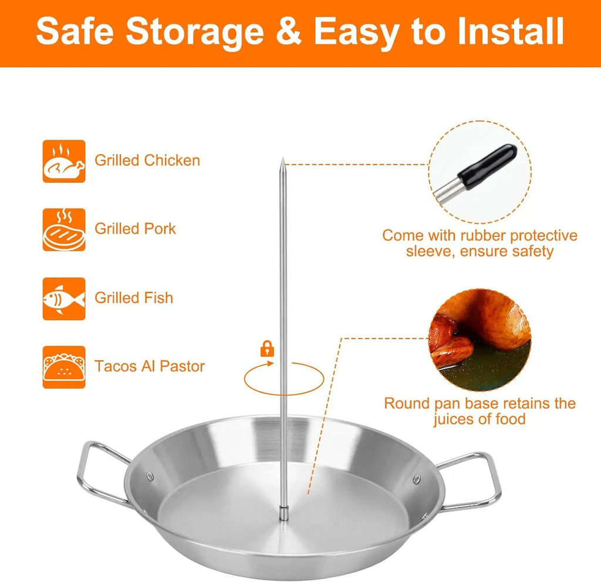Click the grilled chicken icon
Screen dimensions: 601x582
64,161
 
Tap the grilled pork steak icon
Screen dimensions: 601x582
64,230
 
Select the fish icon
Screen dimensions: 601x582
64,298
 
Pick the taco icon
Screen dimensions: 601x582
64,367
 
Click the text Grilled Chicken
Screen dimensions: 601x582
147,160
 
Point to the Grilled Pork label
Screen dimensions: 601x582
135,228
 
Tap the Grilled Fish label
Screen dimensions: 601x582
134,298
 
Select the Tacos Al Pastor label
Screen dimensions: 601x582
150,366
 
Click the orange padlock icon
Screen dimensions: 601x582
267,349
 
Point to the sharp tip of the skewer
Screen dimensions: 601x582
282,159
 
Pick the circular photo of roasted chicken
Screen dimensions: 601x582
480,340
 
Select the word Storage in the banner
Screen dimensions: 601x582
195,33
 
